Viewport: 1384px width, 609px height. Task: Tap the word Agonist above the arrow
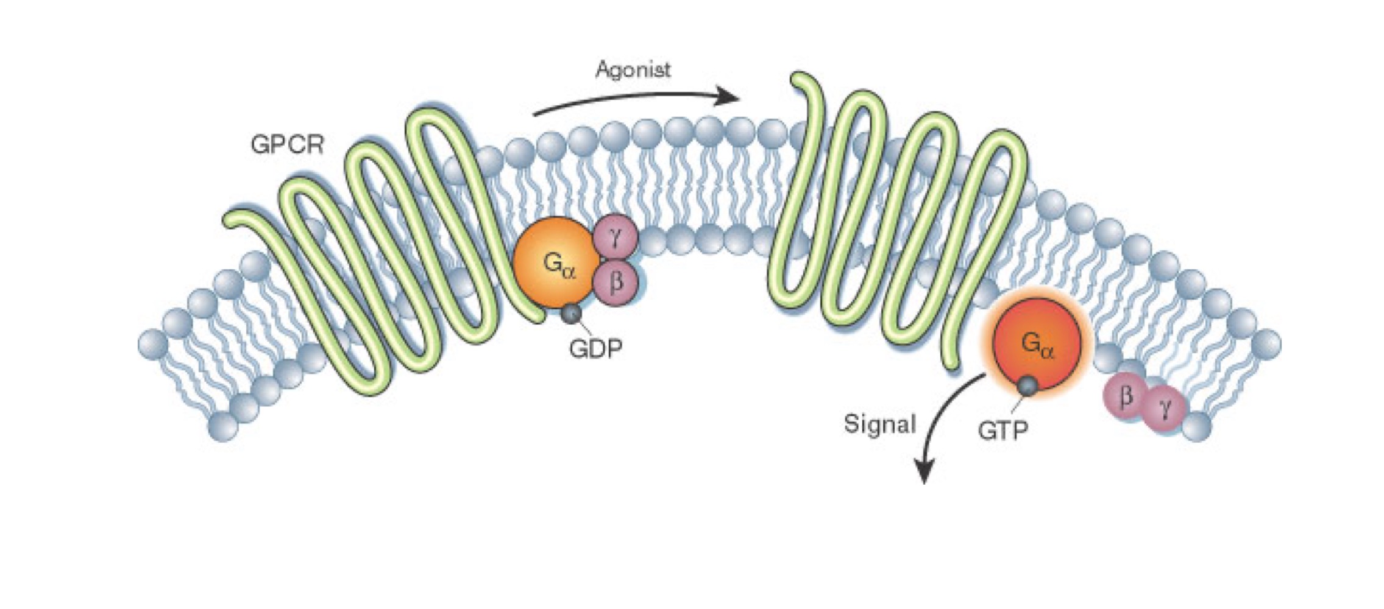point(633,69)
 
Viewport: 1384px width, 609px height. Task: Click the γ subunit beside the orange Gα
point(615,237)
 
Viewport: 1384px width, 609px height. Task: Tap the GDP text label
point(595,348)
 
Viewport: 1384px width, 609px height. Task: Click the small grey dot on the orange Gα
point(572,313)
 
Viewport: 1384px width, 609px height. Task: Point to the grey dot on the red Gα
point(1028,385)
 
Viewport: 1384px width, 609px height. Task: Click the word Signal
point(879,424)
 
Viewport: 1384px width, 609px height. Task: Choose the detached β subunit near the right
point(1125,396)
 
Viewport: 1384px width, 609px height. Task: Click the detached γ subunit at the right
point(1165,409)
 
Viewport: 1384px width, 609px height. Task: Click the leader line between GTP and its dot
point(1017,403)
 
